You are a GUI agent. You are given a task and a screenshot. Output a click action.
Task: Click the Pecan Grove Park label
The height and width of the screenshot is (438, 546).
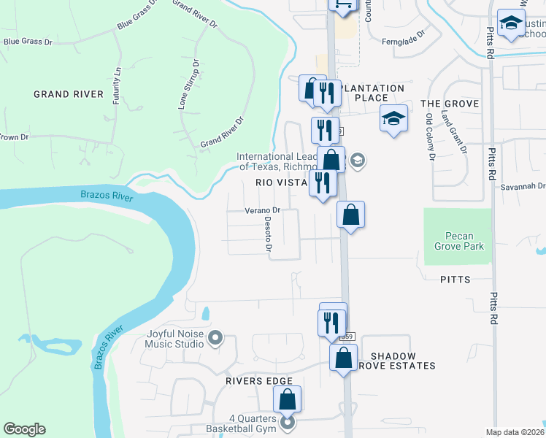459,241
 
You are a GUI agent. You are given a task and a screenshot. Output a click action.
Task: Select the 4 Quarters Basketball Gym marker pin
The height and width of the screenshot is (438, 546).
288,422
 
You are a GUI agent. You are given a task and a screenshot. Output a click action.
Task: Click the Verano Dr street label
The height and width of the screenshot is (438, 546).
263,210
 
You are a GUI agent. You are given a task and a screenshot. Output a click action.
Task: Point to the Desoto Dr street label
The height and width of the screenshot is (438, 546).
269,237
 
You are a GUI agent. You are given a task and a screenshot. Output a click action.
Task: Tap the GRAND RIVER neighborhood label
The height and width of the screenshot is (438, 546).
69,94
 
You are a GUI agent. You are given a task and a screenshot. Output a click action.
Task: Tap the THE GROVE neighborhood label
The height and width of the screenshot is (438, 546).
450,104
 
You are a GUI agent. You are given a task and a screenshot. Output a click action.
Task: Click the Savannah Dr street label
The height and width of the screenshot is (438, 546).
523,187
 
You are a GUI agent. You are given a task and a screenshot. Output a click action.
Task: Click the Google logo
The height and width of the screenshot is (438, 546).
24,429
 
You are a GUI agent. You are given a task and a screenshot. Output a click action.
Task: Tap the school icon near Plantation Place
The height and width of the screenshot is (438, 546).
393,118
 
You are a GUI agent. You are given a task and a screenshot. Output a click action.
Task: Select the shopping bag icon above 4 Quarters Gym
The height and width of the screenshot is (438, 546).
288,399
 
